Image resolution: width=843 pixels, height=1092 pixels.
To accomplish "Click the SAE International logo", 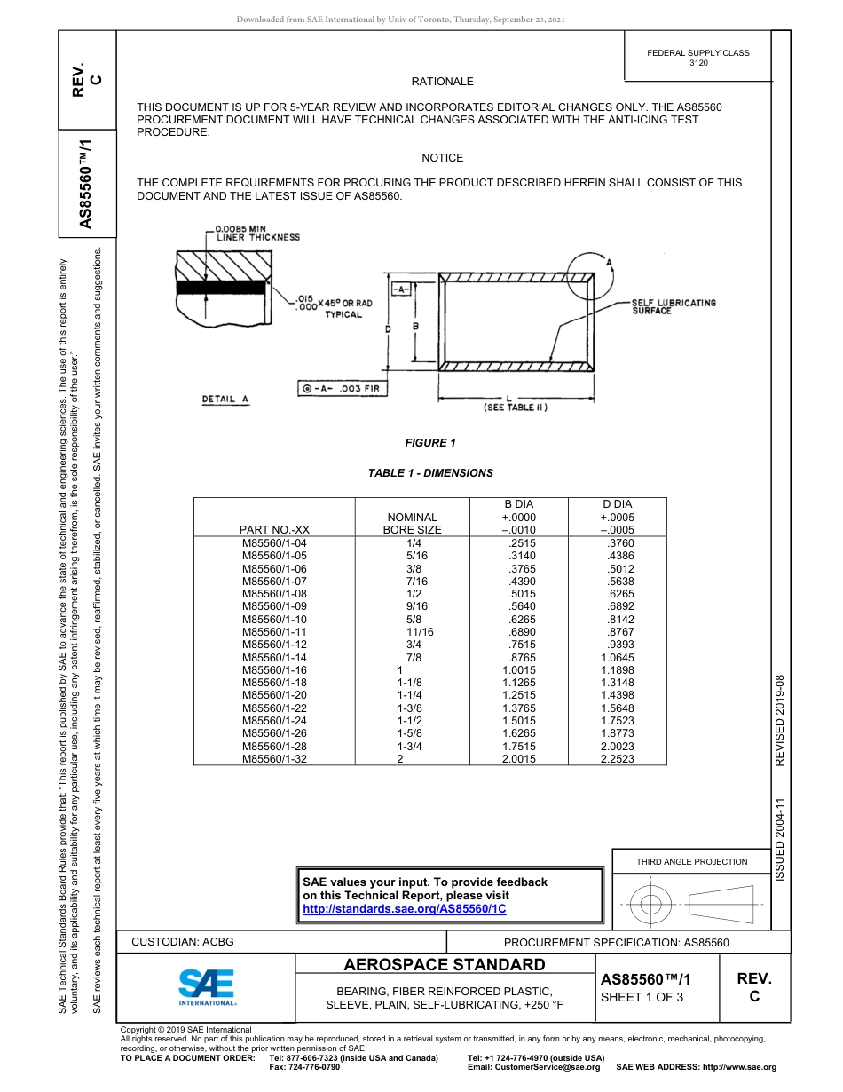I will tap(207, 986).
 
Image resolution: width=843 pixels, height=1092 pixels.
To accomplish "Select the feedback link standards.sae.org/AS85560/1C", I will tap(404, 909).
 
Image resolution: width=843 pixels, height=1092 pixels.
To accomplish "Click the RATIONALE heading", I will tap(442, 82).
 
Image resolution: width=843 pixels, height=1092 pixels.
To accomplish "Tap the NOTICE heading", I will tap(442, 158).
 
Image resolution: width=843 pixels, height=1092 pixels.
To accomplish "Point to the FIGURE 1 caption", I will tap(430, 443).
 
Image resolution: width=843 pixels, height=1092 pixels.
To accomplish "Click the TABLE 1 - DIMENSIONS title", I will tap(430, 473).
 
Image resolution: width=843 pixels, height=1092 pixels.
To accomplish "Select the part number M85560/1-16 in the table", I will tap(274, 669).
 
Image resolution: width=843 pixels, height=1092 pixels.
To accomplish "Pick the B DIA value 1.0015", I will tap(518, 669).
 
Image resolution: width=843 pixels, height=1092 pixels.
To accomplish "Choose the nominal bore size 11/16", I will tap(420, 631).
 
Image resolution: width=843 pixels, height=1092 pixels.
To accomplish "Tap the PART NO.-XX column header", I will tap(274, 530).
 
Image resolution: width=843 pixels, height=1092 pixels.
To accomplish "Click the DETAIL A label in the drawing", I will tap(225, 399).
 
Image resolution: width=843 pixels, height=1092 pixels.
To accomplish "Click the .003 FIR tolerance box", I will tap(338, 389).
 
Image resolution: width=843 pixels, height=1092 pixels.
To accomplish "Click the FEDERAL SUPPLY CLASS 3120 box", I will tap(697, 58).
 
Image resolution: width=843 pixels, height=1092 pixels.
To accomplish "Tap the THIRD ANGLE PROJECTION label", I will tap(691, 861).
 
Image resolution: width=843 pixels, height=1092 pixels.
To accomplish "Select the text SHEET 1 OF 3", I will tap(642, 997).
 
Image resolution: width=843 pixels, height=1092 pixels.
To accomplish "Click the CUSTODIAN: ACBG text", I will tap(182, 941).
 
